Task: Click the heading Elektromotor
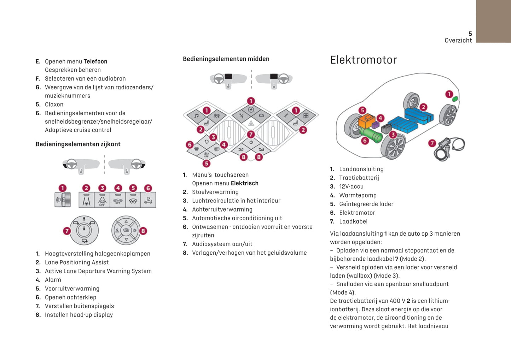(363, 60)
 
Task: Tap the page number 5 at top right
(470, 34)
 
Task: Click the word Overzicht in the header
(458, 40)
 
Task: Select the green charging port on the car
(455, 99)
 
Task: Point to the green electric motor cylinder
(371, 135)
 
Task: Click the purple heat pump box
(376, 125)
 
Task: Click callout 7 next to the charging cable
(432, 143)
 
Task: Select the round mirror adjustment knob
(84, 230)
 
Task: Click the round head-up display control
(126, 230)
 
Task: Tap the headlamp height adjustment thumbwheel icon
(63, 200)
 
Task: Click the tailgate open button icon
(148, 200)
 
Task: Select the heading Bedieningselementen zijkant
(78, 144)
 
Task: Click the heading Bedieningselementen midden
(226, 59)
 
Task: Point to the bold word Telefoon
(95, 61)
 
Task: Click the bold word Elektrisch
(244, 183)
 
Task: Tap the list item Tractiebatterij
(359, 178)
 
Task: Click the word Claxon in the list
(54, 105)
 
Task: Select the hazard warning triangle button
(251, 123)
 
